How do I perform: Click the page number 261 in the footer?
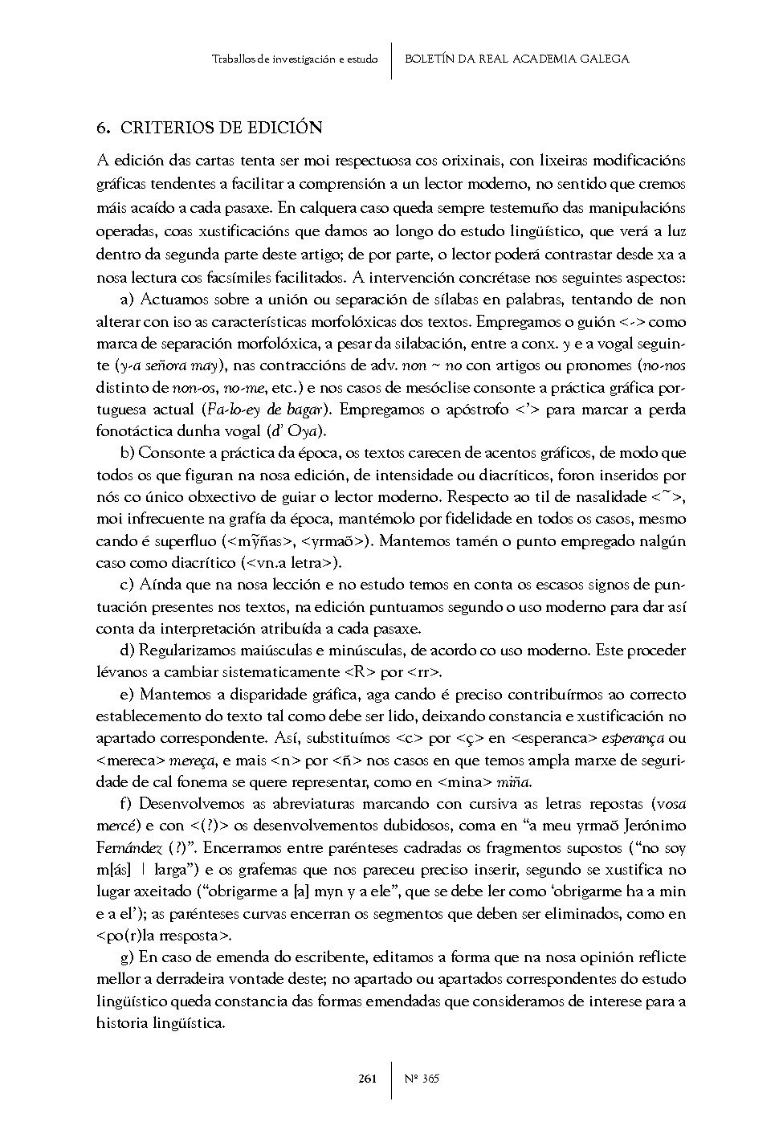pos(368,1079)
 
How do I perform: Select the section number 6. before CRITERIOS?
pos(102,128)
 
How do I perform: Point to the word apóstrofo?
pos(478,410)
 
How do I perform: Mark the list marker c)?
pos(126,584)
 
